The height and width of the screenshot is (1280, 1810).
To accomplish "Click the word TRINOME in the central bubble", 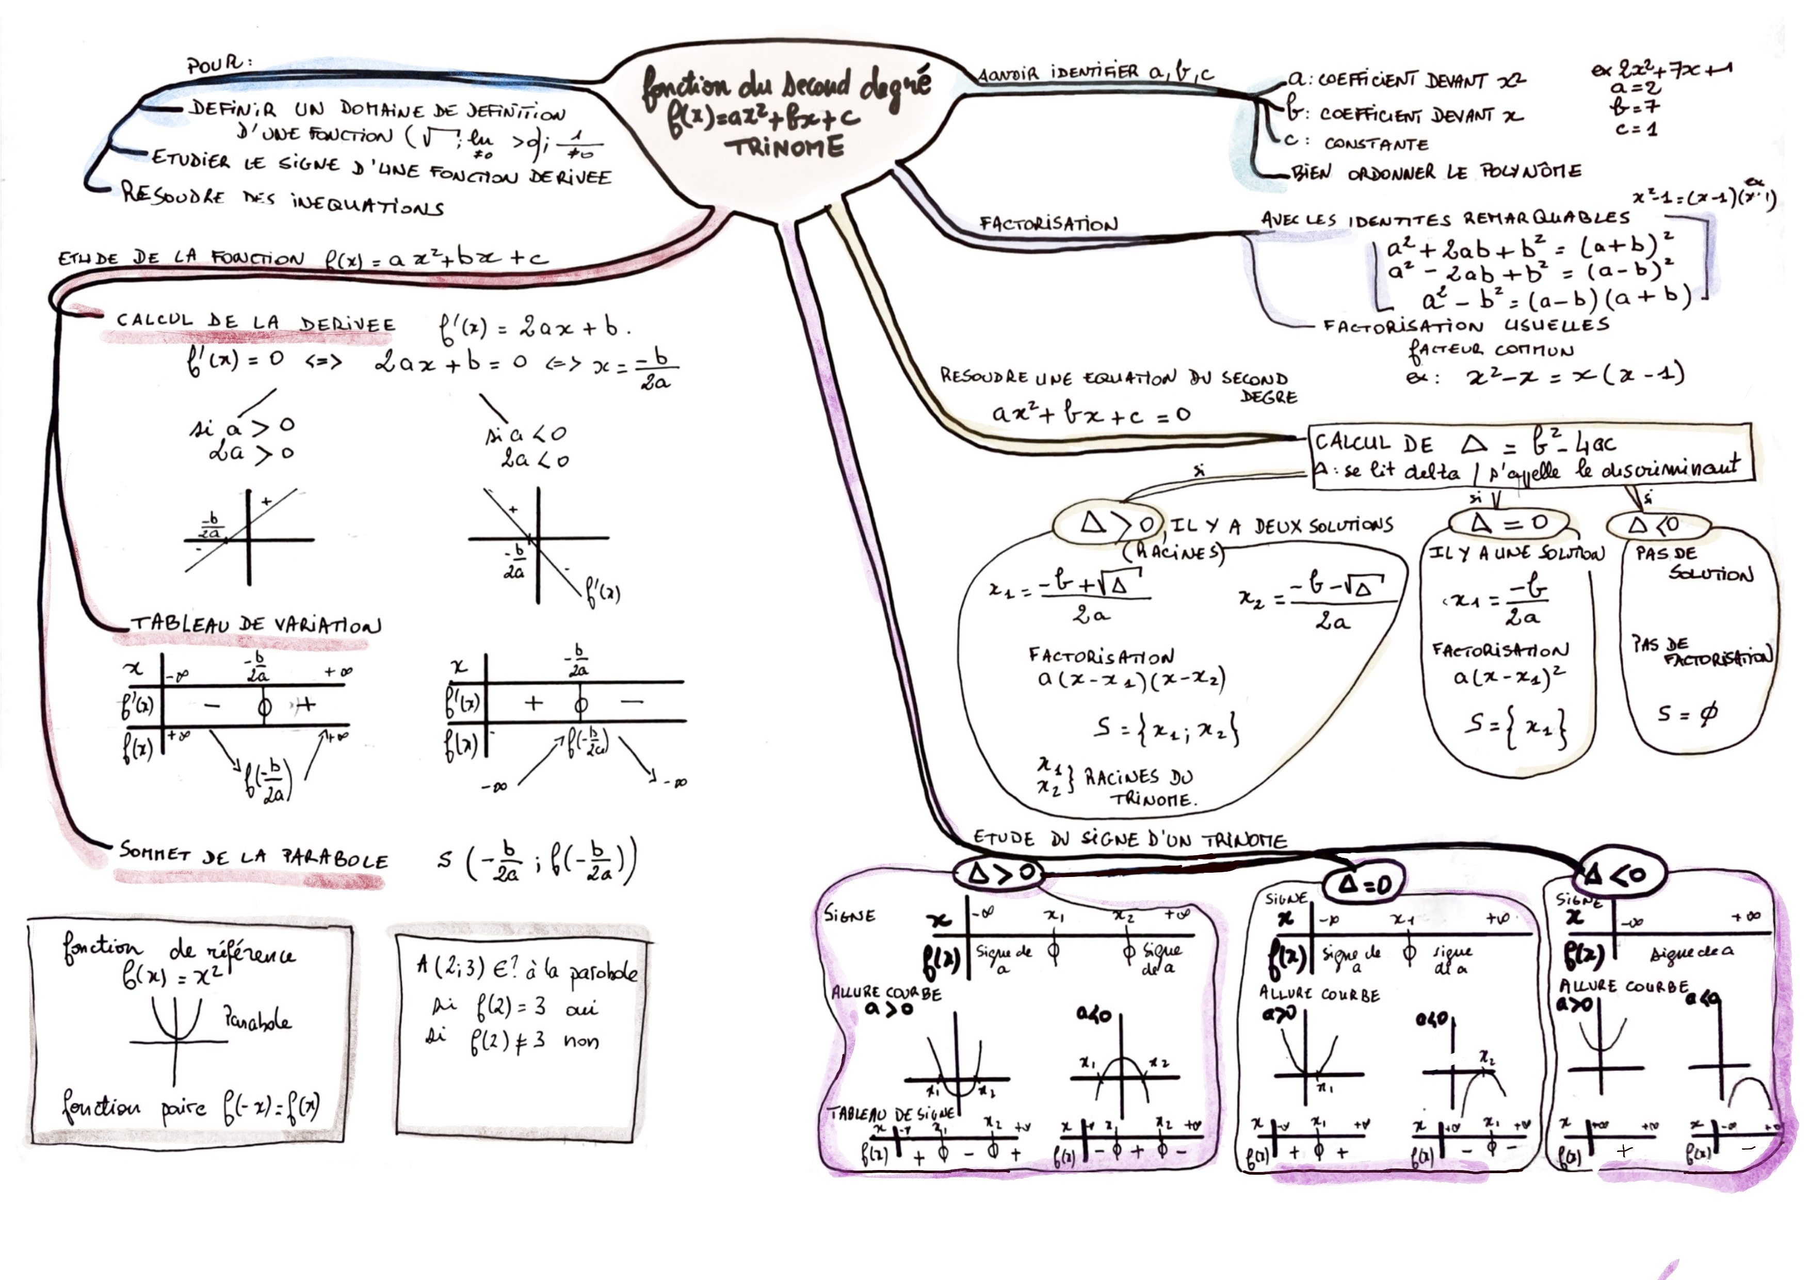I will (784, 148).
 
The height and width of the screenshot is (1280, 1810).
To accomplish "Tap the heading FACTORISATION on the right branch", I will (1048, 224).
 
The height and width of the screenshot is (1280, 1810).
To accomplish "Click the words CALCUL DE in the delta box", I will (1372, 444).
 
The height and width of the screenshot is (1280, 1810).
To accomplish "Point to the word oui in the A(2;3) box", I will (581, 1009).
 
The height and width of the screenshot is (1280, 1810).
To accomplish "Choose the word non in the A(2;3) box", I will (581, 1041).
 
